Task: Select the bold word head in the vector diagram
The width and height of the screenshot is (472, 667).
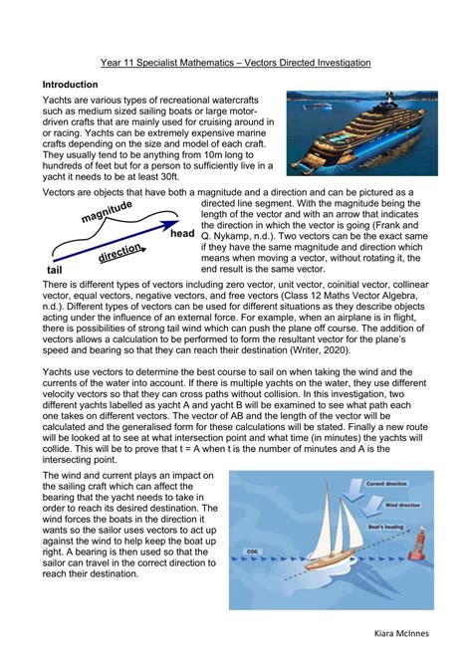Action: (x=182, y=235)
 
